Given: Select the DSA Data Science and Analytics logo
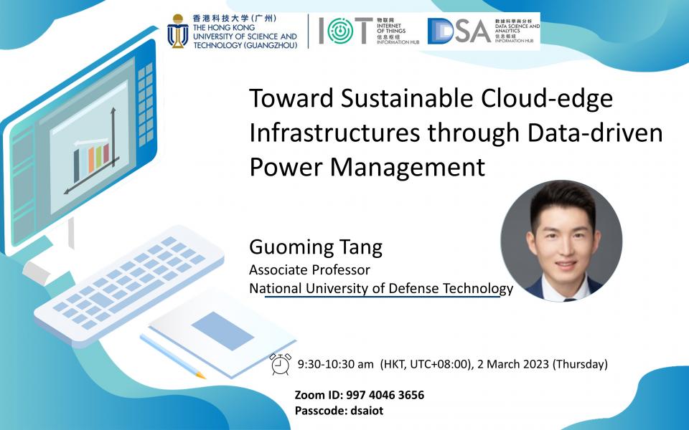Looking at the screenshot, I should (459, 31).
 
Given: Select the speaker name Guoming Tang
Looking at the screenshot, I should (316, 248).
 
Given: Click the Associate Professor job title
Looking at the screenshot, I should (309, 270).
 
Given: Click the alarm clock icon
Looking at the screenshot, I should (281, 364).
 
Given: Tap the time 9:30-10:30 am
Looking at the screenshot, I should (337, 364).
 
